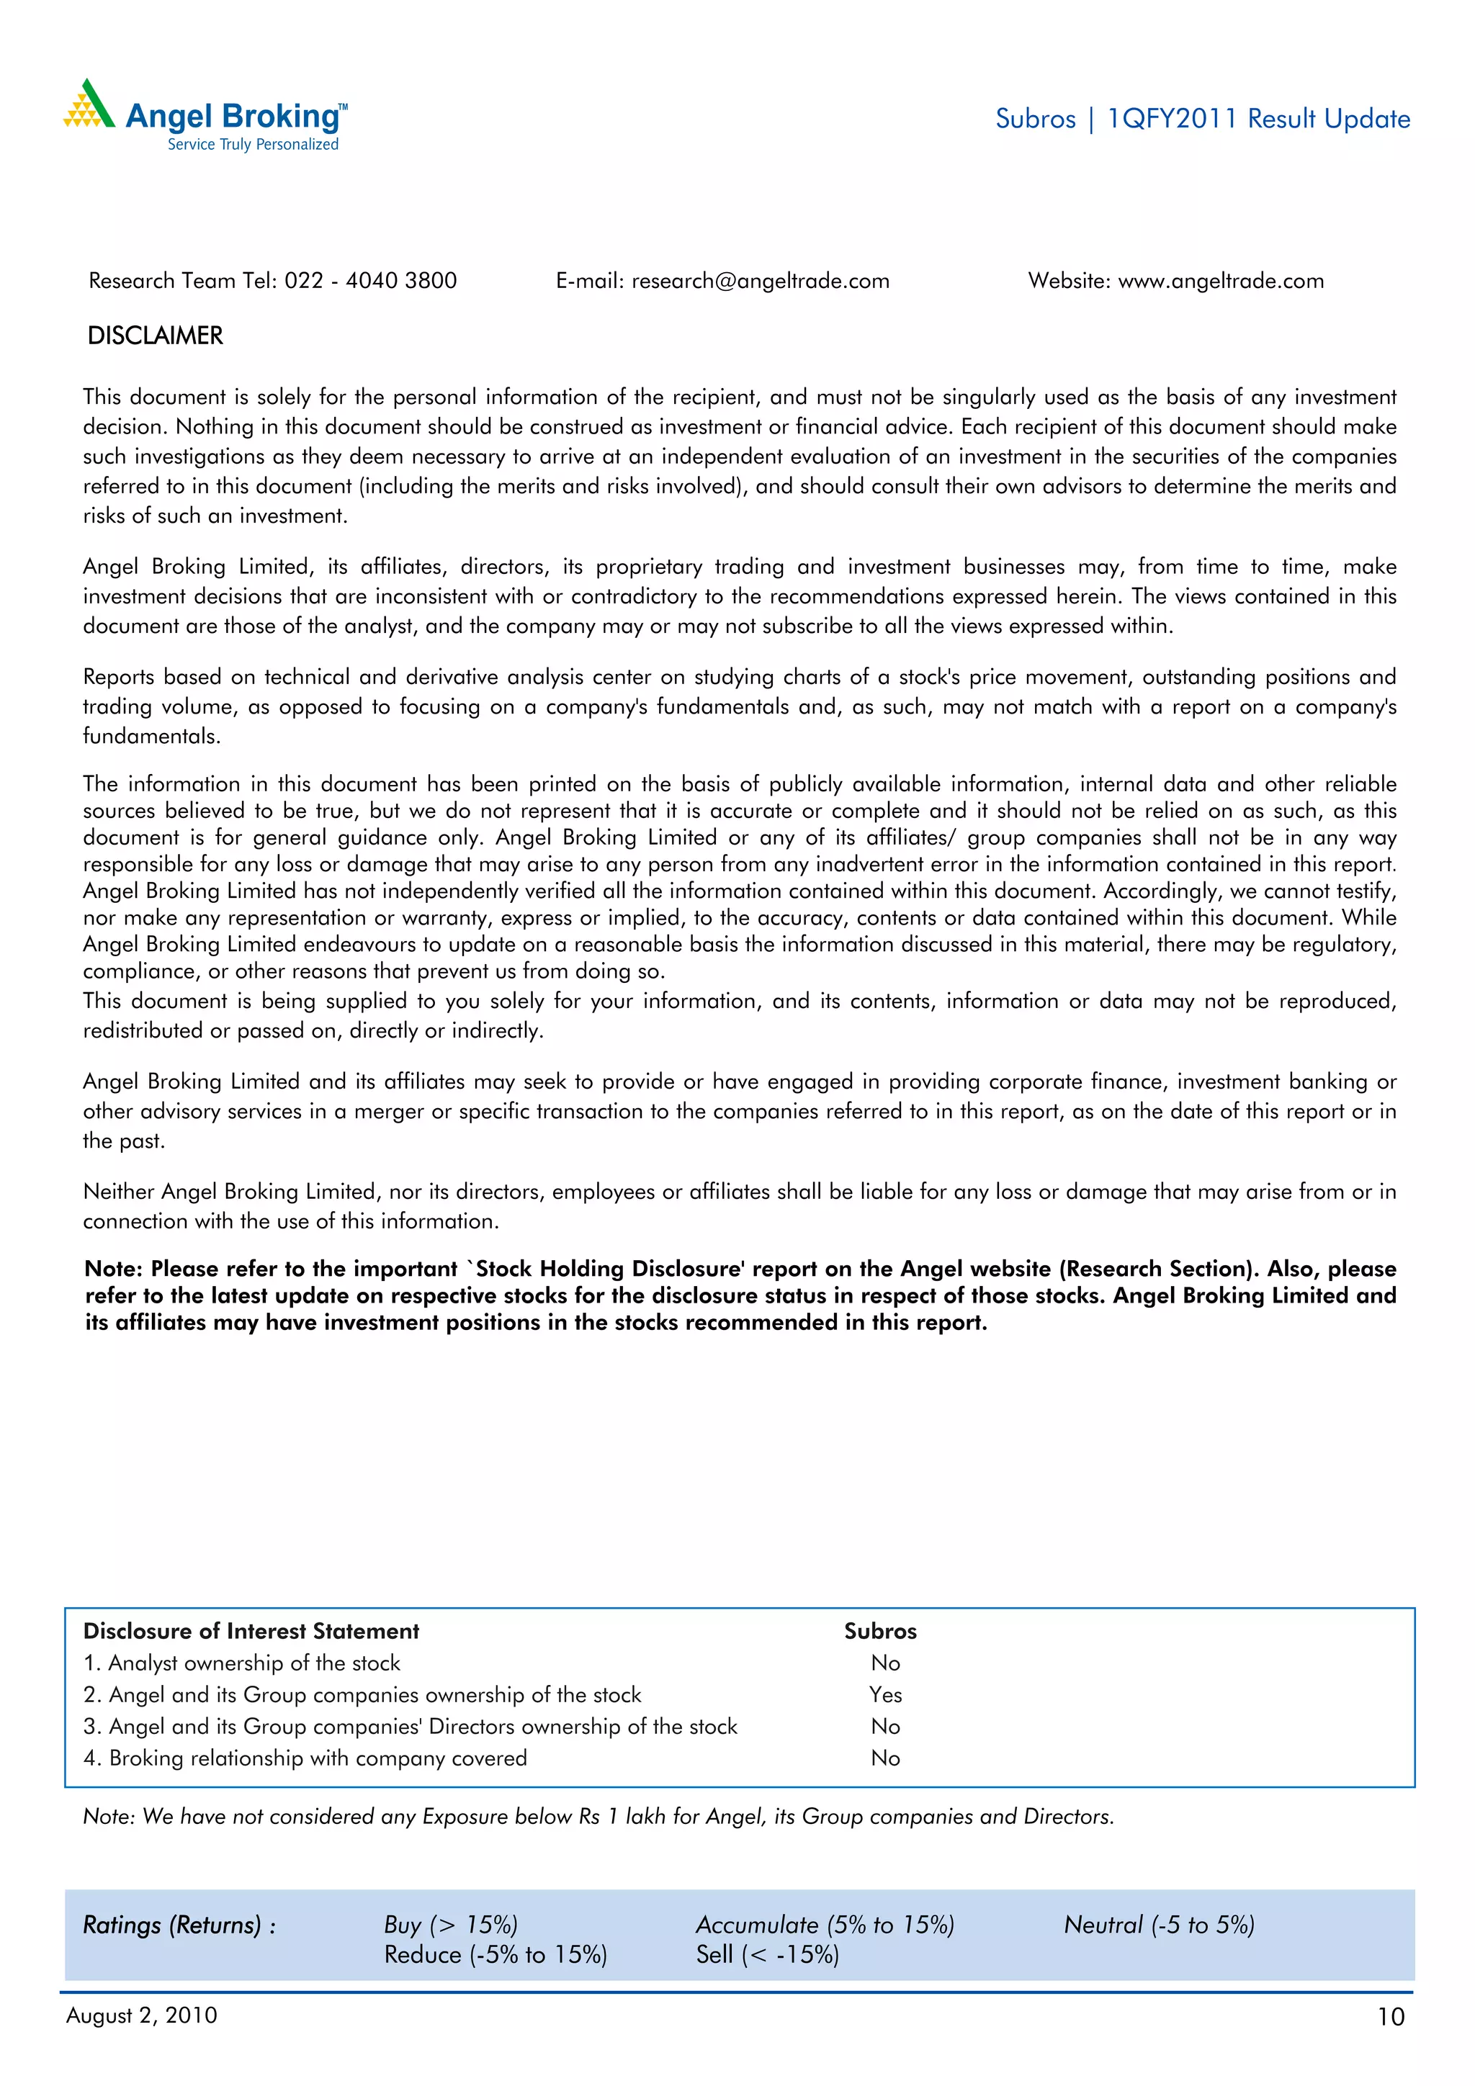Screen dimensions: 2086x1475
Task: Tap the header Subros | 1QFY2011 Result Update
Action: click(x=1202, y=119)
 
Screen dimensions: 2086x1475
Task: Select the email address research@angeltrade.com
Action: click(x=760, y=281)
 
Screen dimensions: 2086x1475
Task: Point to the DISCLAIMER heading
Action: click(x=155, y=336)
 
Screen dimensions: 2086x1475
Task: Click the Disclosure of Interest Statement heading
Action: click(x=251, y=1631)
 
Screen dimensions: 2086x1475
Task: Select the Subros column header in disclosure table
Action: click(x=879, y=1631)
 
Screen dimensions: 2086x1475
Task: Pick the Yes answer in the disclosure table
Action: click(x=885, y=1694)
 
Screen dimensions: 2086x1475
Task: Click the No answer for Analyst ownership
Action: click(x=885, y=1663)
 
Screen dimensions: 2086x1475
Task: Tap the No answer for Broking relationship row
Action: click(x=885, y=1758)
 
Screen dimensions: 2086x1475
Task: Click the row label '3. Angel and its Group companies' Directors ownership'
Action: click(x=410, y=1726)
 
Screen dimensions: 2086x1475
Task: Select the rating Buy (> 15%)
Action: click(x=451, y=1924)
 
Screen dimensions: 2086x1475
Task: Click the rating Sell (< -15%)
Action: click(x=767, y=1954)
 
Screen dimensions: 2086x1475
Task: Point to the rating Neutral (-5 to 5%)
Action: click(x=1159, y=1924)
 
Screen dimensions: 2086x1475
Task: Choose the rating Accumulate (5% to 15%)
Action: click(x=825, y=1924)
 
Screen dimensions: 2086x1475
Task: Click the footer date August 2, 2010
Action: click(x=142, y=2015)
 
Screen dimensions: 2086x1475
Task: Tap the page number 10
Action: click(x=1391, y=2017)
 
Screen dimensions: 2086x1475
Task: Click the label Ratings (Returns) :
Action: click(x=179, y=1924)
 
